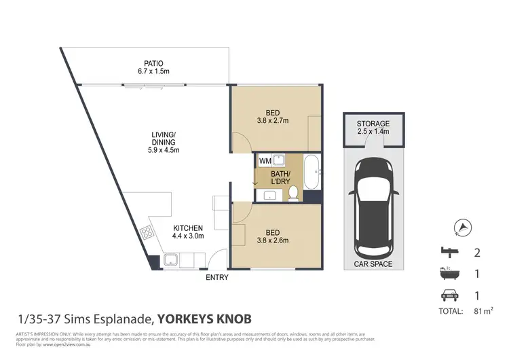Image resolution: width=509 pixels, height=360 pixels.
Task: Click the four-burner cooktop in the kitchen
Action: coord(147,234)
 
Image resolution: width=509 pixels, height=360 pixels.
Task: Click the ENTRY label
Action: coord(217,277)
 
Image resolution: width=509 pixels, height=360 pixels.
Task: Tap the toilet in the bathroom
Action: coord(293,195)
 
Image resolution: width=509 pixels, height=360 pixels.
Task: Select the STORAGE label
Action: coord(373,124)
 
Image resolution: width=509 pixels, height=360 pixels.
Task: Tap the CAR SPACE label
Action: coord(373,264)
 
